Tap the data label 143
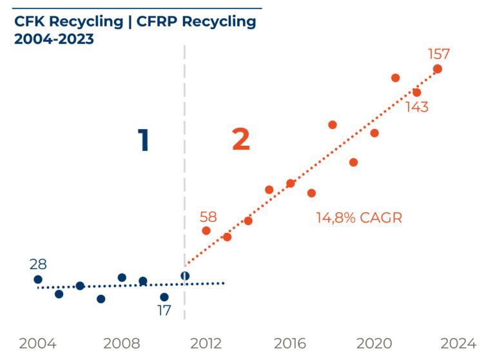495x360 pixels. point(417,107)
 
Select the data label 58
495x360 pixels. point(208,217)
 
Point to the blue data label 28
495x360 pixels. point(38,265)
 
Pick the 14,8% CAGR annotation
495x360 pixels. point(358,218)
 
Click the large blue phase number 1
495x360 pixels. point(144,140)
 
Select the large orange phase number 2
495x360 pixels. point(240,140)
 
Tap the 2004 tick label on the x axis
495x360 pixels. point(37,343)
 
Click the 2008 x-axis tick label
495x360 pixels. point(121,343)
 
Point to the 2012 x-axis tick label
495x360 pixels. point(206,343)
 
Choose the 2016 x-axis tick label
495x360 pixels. point(290,343)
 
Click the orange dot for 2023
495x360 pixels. point(438,68)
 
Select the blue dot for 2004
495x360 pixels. point(38,279)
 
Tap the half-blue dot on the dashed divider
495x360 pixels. point(185,276)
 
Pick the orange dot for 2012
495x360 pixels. point(206,230)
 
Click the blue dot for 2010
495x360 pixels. point(164,297)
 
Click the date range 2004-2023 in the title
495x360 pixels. point(54,39)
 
